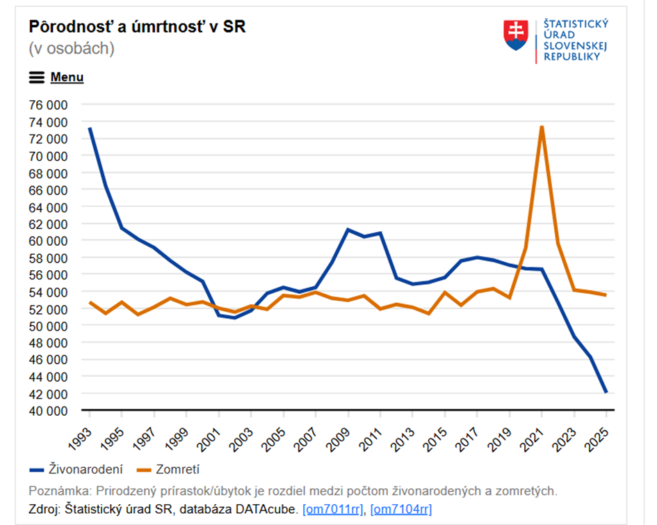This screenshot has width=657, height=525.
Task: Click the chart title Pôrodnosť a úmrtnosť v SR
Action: point(137,26)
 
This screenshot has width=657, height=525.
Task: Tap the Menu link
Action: point(67,77)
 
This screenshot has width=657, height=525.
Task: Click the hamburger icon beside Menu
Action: point(37,77)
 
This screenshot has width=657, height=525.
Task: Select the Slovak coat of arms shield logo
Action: point(515,35)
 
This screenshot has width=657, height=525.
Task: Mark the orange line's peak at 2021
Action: point(542,127)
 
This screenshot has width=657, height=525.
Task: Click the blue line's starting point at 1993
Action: point(90,129)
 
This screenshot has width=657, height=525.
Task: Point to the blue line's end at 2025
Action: point(606,393)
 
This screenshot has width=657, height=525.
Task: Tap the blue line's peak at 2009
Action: point(348,229)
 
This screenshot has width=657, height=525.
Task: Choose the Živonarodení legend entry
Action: point(83,469)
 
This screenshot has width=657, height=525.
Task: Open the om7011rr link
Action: point(332,509)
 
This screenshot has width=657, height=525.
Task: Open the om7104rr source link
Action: point(400,509)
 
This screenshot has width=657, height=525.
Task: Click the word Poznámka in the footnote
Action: point(58,491)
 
